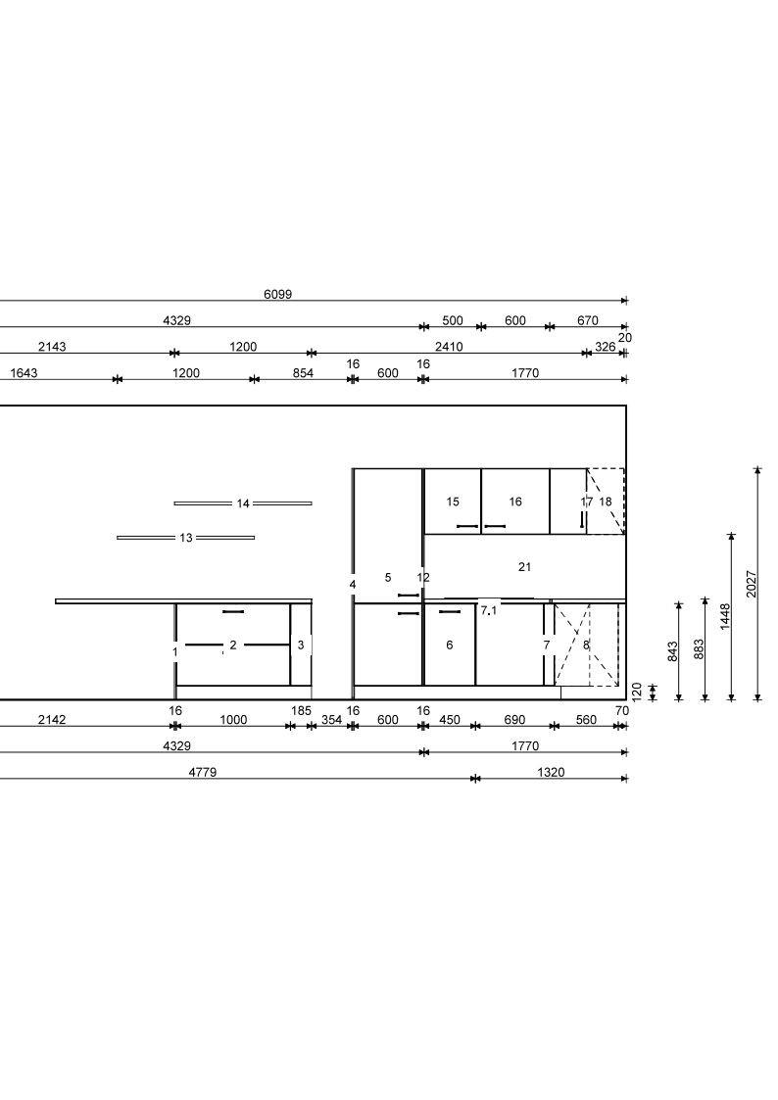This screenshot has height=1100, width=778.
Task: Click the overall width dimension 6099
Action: [278, 294]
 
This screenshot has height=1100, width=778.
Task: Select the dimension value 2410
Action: [449, 347]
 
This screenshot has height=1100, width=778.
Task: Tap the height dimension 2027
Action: [753, 584]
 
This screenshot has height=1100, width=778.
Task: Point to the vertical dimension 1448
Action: [725, 617]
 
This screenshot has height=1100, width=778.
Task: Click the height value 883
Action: [699, 648]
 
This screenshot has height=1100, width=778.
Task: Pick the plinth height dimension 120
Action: [637, 691]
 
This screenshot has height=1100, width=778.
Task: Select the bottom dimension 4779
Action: [203, 773]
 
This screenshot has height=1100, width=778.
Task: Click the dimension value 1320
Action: [551, 773]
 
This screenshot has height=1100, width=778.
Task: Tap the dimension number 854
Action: [303, 373]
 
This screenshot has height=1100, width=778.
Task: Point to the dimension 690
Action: [515, 720]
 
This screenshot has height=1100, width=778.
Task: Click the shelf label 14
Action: [243, 503]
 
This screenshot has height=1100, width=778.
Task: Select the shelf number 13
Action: [186, 538]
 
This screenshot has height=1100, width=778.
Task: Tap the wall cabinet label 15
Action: [453, 502]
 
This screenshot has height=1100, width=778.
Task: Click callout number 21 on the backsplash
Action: [525, 567]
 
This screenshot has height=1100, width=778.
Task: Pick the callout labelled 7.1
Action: [489, 610]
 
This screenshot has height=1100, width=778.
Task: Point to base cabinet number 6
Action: [450, 645]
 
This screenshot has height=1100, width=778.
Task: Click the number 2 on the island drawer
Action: [233, 645]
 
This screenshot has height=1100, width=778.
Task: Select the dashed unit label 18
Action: [606, 502]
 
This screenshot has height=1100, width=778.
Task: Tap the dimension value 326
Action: [605, 347]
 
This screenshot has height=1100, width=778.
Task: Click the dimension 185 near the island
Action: [301, 711]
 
